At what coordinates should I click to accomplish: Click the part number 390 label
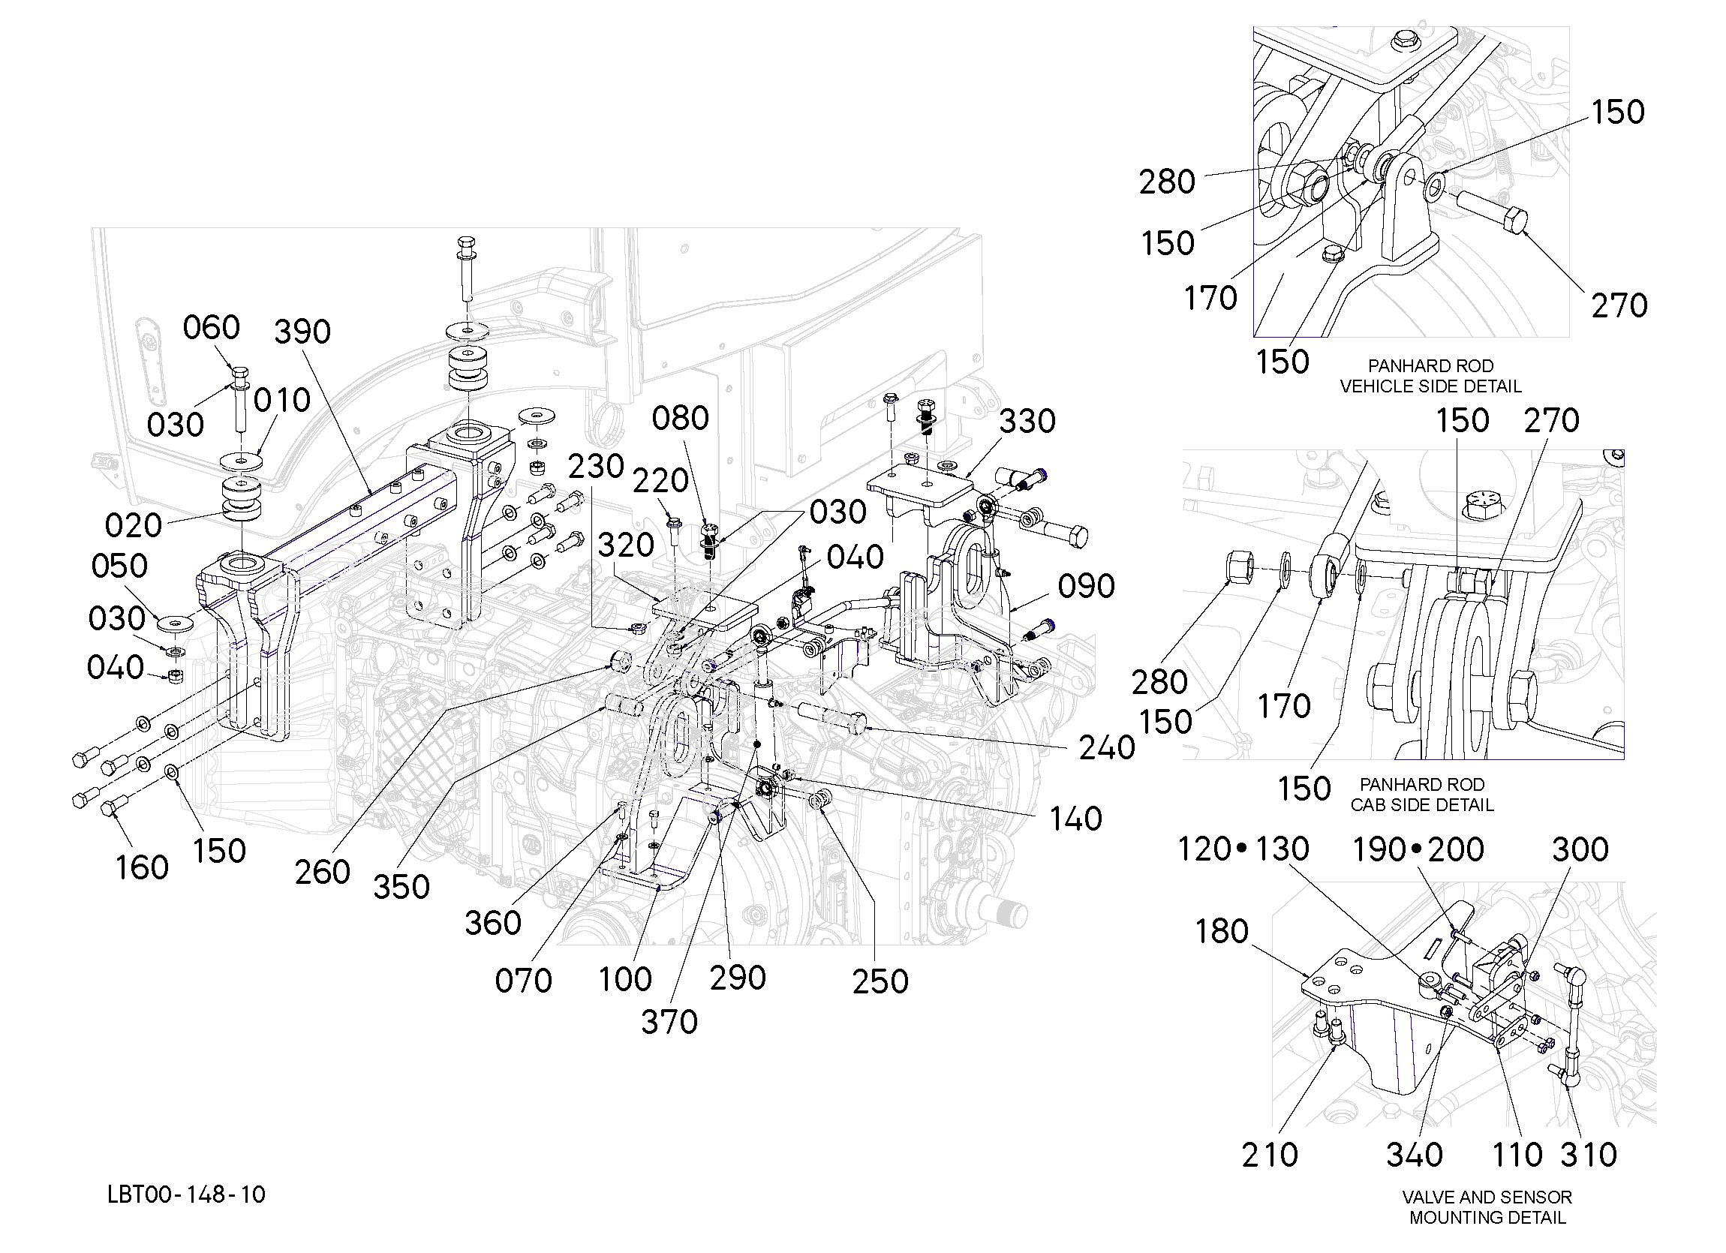pyautogui.click(x=302, y=332)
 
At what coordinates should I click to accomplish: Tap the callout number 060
pyautogui.click(x=212, y=328)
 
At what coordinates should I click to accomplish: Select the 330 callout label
pyautogui.click(x=1027, y=421)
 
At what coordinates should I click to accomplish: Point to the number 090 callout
pyautogui.click(x=1087, y=586)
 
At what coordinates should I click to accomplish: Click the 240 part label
pyautogui.click(x=1108, y=749)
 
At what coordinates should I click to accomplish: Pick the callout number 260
pyautogui.click(x=323, y=872)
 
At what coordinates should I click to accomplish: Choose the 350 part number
pyautogui.click(x=401, y=887)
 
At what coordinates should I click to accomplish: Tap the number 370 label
pyautogui.click(x=669, y=1022)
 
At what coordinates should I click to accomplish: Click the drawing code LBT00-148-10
pyautogui.click(x=186, y=1194)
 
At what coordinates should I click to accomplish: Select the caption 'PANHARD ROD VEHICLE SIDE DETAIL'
pyautogui.click(x=1431, y=376)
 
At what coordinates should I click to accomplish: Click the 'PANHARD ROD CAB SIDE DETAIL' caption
pyautogui.click(x=1422, y=795)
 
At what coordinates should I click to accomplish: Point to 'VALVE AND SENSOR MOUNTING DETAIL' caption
pyautogui.click(x=1488, y=1207)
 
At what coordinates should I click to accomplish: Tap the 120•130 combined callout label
pyautogui.click(x=1243, y=849)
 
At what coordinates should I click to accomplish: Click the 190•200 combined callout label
pyautogui.click(x=1418, y=850)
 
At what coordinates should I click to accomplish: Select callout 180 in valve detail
pyautogui.click(x=1222, y=931)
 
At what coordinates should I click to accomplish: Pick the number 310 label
pyautogui.click(x=1589, y=1155)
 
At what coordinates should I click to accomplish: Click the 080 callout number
pyautogui.click(x=681, y=418)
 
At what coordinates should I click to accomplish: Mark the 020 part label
pyautogui.click(x=133, y=525)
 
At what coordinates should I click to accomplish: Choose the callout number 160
pyautogui.click(x=142, y=868)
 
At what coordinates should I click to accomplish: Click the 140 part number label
pyautogui.click(x=1076, y=819)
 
